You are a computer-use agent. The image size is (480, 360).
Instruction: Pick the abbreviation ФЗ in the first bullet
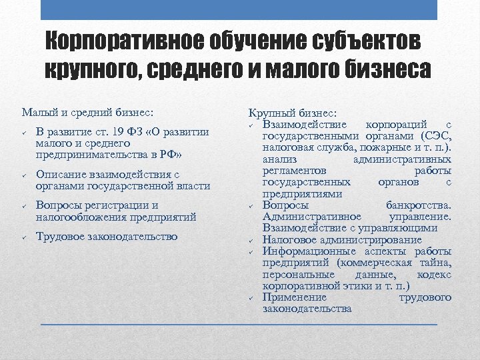click(138, 131)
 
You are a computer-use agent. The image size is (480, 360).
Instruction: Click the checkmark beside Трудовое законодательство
click(23, 237)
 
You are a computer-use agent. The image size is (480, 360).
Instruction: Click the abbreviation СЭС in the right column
click(433, 135)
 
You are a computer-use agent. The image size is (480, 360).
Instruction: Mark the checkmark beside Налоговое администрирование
click(253, 240)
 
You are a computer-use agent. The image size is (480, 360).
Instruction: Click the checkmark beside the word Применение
click(253, 297)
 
